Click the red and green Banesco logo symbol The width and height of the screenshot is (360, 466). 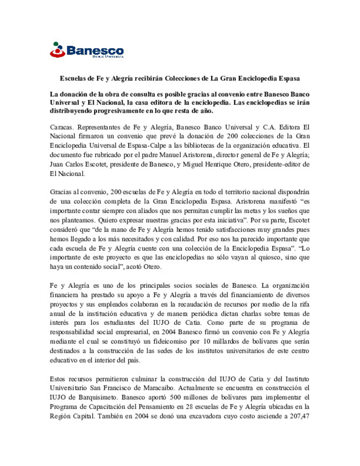point(57,50)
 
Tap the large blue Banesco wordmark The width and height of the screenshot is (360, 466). point(95,51)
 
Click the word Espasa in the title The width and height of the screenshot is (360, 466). point(289,79)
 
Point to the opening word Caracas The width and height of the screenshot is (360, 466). point(61,127)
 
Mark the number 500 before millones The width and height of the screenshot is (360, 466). point(175,397)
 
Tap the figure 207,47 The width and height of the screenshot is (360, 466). point(299,416)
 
